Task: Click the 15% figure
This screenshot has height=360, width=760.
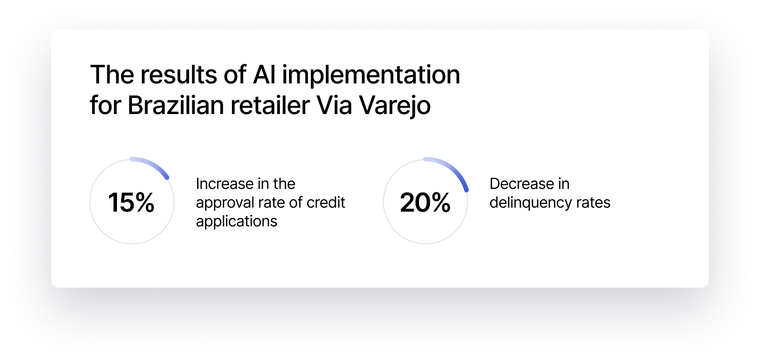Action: [x=131, y=202]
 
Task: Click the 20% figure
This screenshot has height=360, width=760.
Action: [x=425, y=202]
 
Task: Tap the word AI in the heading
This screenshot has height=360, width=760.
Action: [x=264, y=75]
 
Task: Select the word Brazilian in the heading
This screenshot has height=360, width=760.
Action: [x=175, y=105]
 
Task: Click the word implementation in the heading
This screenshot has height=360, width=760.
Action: [x=371, y=76]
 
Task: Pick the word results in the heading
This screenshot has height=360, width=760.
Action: [x=179, y=75]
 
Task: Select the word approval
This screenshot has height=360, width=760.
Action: [x=225, y=203]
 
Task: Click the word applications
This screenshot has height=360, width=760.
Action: [x=237, y=221]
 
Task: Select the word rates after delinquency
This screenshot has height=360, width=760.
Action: [x=593, y=203]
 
